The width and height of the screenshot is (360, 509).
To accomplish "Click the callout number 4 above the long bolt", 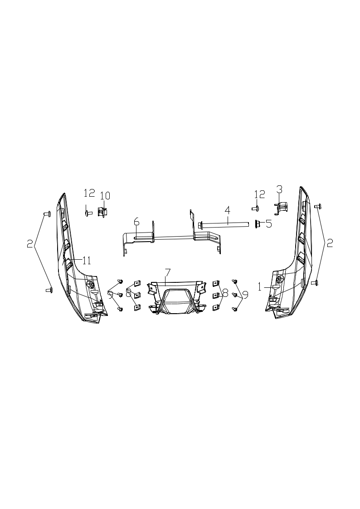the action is click(228, 210).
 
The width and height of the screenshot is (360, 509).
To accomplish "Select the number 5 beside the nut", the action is click(269, 223).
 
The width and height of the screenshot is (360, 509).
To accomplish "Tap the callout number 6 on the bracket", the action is click(136, 222).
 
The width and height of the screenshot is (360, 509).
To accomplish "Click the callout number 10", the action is click(105, 196).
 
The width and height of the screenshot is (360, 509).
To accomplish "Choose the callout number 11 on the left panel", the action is click(86, 260).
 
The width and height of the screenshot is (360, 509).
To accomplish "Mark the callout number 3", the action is click(279, 189).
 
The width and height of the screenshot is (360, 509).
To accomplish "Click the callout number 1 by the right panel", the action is click(260, 286).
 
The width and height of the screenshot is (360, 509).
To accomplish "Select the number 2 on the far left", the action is click(30, 244).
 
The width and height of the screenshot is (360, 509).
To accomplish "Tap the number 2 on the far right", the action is click(330, 243).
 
